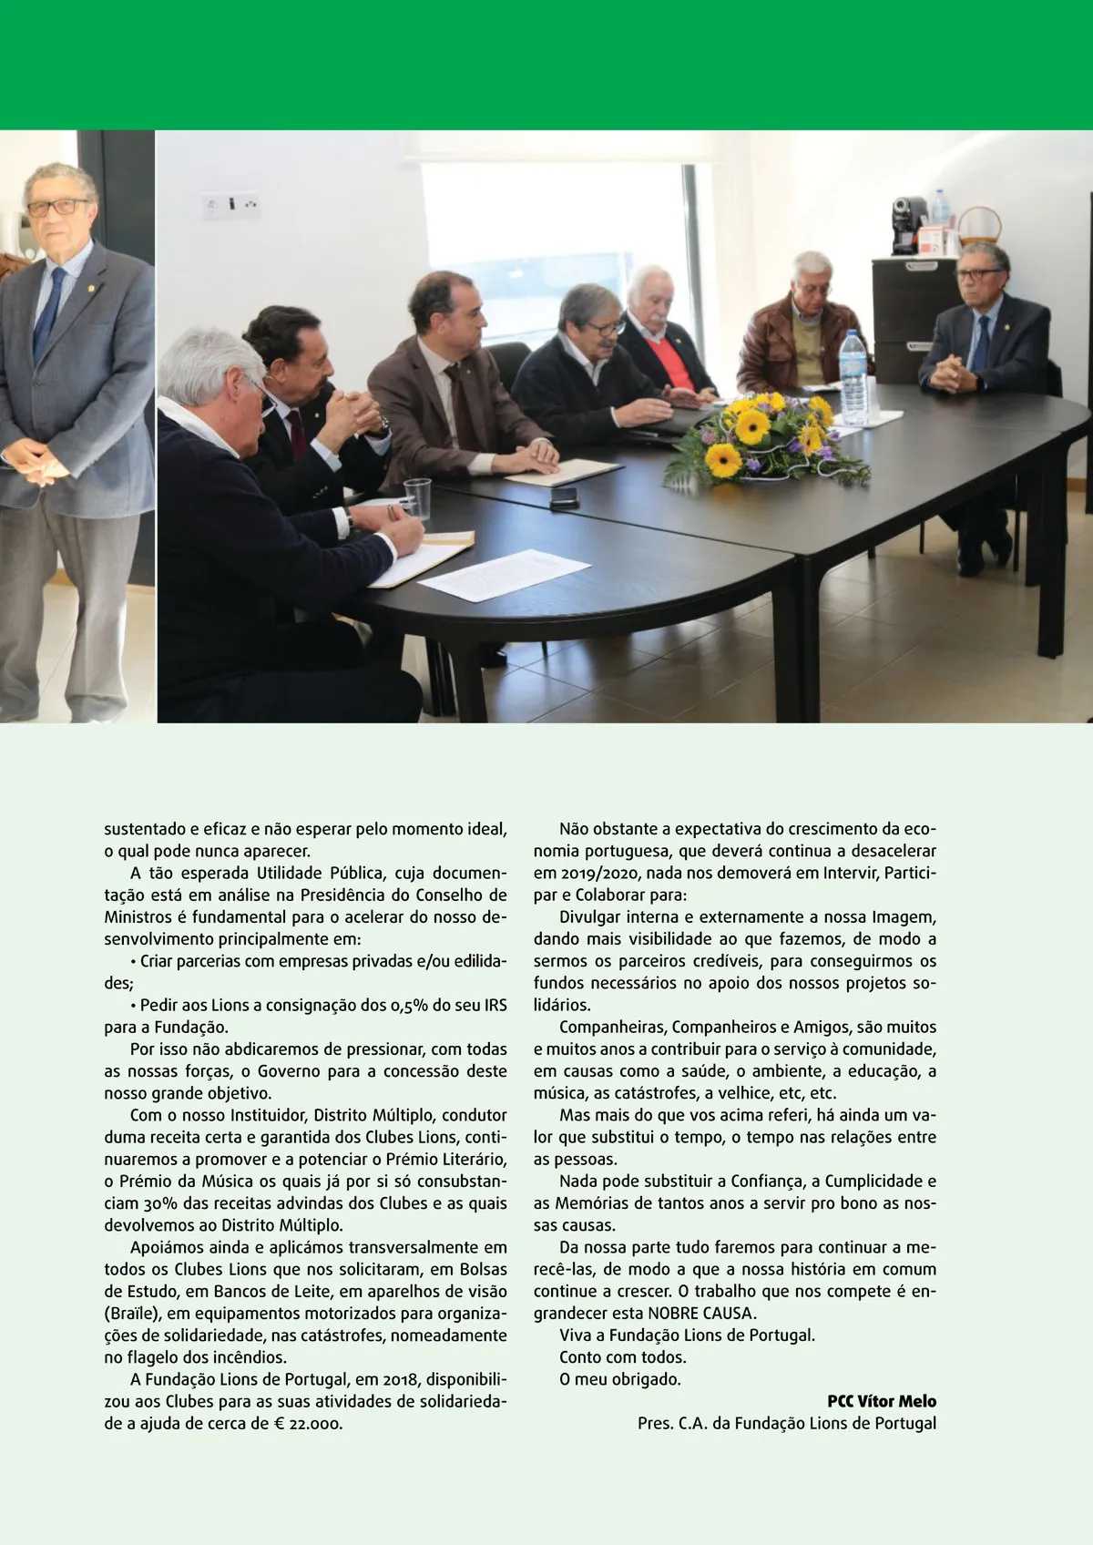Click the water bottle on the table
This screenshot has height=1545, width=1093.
tap(853, 381)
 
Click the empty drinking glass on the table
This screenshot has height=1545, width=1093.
tap(416, 497)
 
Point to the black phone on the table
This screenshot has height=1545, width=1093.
tap(564, 496)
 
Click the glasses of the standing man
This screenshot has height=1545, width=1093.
tap(57, 207)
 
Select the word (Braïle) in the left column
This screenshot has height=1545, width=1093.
tap(131, 1313)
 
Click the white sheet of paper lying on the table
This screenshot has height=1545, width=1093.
tap(503, 574)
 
